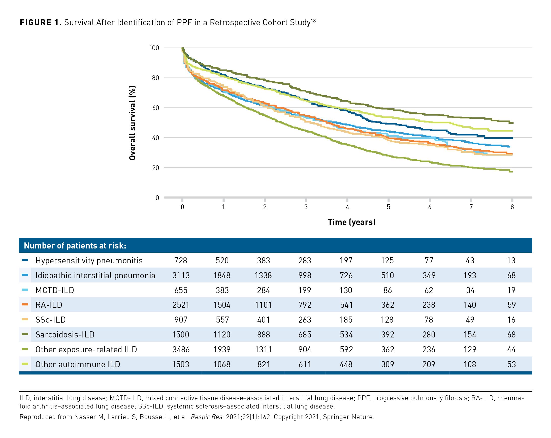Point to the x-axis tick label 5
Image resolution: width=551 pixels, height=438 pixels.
[388, 207]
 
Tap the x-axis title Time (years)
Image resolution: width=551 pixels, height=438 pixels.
[351, 222]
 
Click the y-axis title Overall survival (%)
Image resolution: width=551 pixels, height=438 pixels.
[132, 123]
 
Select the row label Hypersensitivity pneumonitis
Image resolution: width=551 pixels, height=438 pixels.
[89, 261]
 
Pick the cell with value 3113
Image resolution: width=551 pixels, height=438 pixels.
[181, 275]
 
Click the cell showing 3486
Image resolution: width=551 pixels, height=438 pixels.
[181, 350]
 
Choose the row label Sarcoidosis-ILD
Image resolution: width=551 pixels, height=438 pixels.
[65, 335]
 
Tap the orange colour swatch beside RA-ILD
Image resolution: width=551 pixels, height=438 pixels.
[25, 304]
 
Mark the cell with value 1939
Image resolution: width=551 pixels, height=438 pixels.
[222, 350]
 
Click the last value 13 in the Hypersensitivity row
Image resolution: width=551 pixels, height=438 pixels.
[511, 261]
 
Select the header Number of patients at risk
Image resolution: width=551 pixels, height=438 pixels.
[75, 246]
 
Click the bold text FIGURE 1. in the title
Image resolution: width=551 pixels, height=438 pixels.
[41, 23]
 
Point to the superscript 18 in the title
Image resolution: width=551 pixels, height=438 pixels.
[313, 21]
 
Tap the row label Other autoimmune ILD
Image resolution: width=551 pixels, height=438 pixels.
[78, 364]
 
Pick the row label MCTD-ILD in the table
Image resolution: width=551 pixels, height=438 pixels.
[55, 290]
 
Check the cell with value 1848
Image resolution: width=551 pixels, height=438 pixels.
[222, 275]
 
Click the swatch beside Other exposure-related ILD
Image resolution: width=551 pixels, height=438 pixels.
[25, 349]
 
